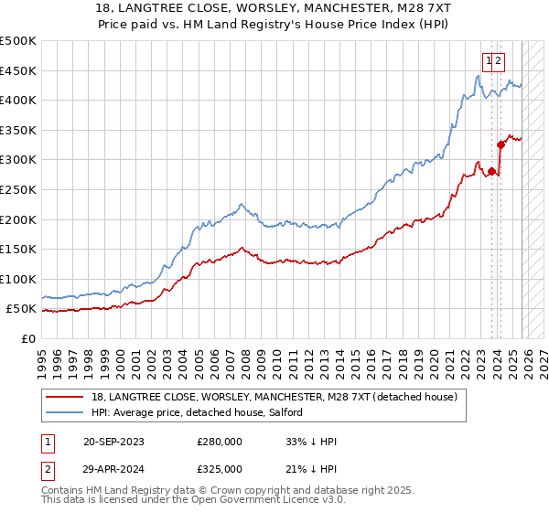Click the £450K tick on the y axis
[x=18, y=70]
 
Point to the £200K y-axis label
[x=18, y=219]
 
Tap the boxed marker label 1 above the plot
[x=490, y=60]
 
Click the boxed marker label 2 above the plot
[x=500, y=60]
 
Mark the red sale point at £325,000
[x=501, y=144]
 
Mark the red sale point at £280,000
[x=491, y=171]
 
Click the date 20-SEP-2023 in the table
[x=113, y=442]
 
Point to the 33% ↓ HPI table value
[x=311, y=442]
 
